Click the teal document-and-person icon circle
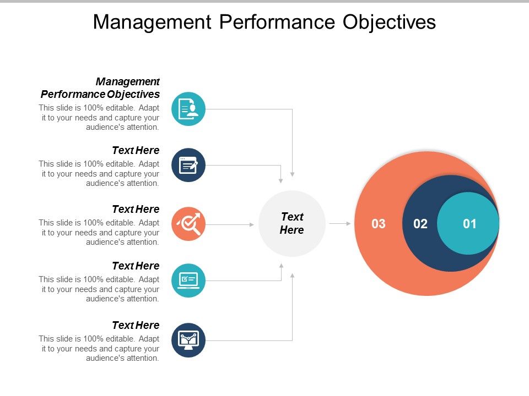[x=188, y=108]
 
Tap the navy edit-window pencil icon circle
[x=188, y=164]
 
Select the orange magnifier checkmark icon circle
[x=188, y=224]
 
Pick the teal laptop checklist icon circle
[x=188, y=280]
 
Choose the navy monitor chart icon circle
[x=188, y=340]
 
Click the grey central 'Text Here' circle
[x=292, y=223]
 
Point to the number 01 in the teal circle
[x=469, y=224]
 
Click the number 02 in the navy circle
[x=420, y=224]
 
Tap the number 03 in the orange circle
[x=379, y=224]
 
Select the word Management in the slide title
[x=152, y=22]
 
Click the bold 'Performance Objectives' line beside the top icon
[x=100, y=94]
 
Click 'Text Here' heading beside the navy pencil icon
[x=136, y=150]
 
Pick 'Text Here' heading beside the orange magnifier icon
[x=136, y=209]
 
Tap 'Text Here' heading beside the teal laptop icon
[x=136, y=266]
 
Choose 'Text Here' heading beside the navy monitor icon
[x=136, y=325]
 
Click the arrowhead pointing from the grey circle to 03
[x=348, y=223]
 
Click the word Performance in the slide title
[x=271, y=22]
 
